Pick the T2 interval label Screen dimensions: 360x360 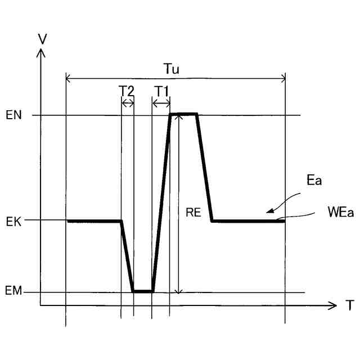(x=127, y=90)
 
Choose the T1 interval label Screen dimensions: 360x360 (x=161, y=90)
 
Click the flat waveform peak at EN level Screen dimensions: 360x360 (x=184, y=114)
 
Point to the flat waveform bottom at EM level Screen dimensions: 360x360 (x=143, y=291)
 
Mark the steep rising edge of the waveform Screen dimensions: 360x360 (x=161, y=202)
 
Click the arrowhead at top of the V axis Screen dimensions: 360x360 (x=40, y=52)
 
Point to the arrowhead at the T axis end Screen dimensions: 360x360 (x=332, y=306)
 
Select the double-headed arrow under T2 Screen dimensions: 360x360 (x=128, y=103)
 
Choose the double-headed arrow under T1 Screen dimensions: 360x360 (x=161, y=103)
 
